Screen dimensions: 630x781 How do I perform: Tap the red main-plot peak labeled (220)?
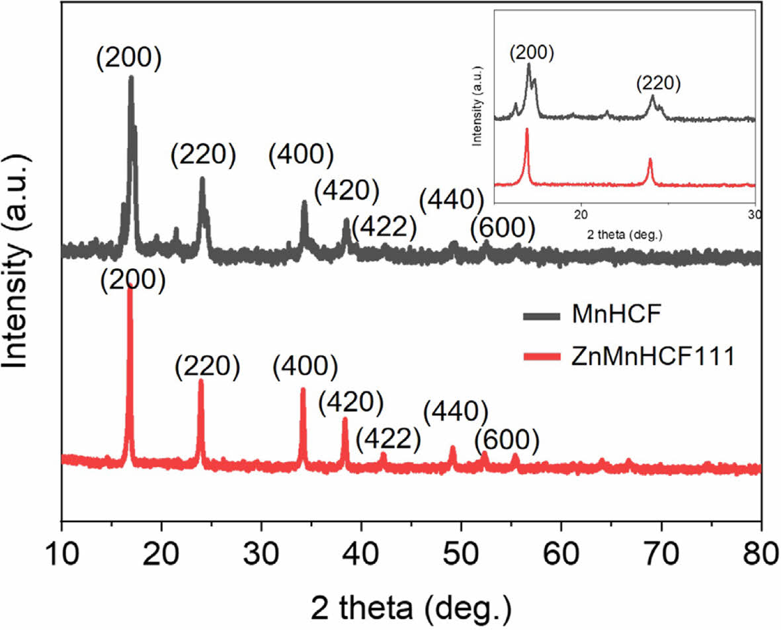[x=200, y=381]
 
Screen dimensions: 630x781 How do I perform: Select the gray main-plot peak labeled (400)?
[x=304, y=202]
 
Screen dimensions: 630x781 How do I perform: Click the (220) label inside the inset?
[x=658, y=83]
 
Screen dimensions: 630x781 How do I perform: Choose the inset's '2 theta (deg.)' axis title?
[x=624, y=234]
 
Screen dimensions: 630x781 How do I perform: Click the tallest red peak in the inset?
[x=527, y=130]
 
